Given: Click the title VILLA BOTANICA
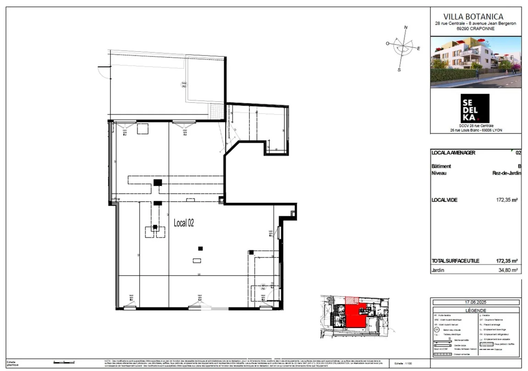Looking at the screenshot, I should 475,16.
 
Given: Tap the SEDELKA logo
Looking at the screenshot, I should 475,108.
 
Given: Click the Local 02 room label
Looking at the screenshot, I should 184,223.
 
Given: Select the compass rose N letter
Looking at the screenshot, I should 406,27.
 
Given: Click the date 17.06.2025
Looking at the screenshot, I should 475,302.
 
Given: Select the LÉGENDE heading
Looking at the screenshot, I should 475,310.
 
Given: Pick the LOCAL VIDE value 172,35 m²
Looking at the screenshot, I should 507,200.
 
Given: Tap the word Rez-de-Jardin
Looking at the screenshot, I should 506,173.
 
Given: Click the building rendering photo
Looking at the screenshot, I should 475,62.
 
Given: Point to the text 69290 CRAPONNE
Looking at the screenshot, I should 475,29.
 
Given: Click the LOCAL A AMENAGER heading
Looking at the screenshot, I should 453,153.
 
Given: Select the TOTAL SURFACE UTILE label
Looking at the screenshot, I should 455,261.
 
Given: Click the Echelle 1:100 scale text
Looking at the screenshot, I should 403,363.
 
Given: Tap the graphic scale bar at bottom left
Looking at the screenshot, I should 64,362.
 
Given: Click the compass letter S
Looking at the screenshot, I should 399,70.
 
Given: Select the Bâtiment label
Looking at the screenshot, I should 441,166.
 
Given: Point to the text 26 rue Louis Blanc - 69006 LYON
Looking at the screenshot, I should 475,130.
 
